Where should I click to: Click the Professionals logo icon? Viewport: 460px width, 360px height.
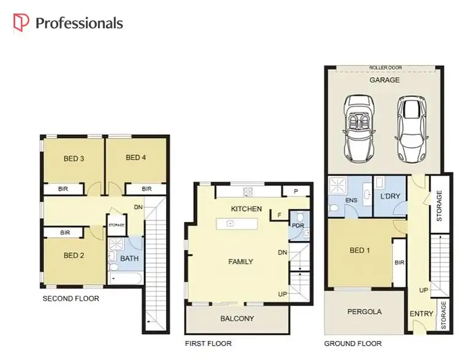click(x=21, y=23)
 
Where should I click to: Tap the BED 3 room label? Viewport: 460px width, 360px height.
click(x=74, y=159)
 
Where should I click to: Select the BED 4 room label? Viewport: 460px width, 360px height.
click(x=136, y=158)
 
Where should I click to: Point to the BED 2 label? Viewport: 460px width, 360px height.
click(x=74, y=256)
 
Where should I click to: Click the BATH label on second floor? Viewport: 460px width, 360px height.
click(x=129, y=259)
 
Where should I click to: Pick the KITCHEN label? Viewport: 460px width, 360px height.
click(x=246, y=209)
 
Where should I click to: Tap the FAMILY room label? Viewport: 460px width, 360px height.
click(x=240, y=262)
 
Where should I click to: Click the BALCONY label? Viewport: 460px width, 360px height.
click(x=237, y=319)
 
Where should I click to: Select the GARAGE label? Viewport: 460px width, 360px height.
click(x=384, y=80)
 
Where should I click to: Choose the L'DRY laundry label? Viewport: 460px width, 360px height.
click(x=390, y=196)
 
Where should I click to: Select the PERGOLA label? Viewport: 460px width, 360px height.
click(x=364, y=312)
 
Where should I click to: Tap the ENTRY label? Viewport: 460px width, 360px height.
click(x=421, y=314)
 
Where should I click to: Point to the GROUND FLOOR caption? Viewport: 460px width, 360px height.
click(x=353, y=343)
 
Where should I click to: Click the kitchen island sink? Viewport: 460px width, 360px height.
click(x=229, y=223)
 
